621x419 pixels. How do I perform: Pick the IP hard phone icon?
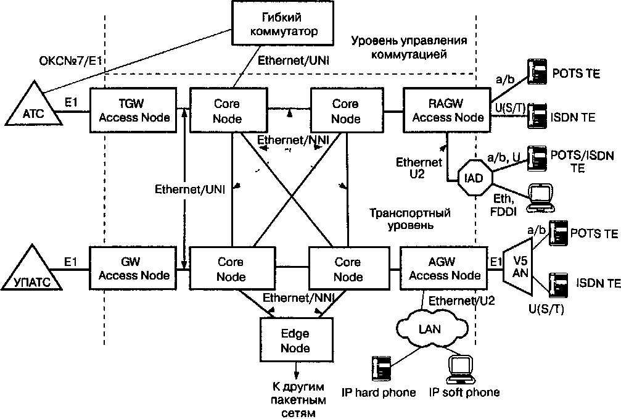[x=382, y=368]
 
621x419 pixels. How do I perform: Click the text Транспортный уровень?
[x=410, y=219]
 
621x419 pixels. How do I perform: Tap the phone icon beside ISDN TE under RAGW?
[x=537, y=116]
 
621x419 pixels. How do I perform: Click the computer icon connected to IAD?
[x=541, y=198]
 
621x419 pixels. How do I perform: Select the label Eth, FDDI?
[x=503, y=205]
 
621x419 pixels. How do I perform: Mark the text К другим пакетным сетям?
[x=298, y=400]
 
